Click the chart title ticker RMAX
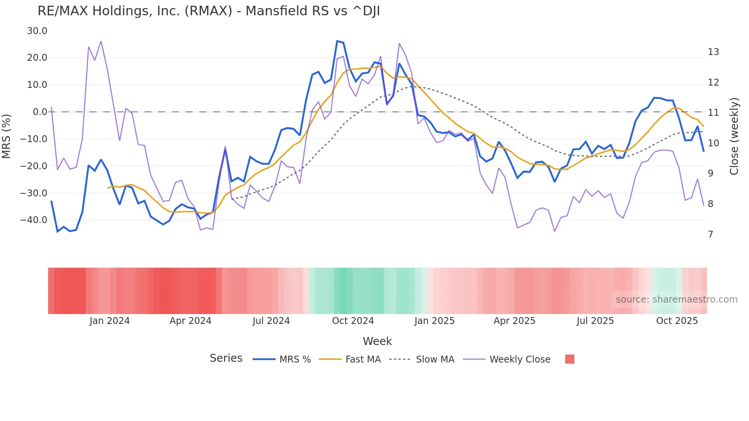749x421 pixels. pos(208,11)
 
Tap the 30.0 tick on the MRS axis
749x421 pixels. pos(37,31)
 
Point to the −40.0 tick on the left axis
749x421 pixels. pos(34,220)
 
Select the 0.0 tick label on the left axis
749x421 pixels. pos(40,112)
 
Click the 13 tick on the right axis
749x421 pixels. pos(713,52)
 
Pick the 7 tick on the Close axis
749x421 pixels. pos(710,234)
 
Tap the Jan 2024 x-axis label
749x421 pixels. pos(110,321)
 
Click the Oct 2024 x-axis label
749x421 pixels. pos(353,321)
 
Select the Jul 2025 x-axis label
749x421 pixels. pos(595,321)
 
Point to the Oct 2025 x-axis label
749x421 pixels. pos(677,321)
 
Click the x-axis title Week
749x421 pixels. pos(377,341)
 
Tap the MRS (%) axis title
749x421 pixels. pos(6,136)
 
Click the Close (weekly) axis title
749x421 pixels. pos(734,136)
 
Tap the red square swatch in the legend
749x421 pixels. pos(569,359)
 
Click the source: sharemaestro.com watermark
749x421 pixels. pos(676,300)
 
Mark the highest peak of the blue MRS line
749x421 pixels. pos(337,41)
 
